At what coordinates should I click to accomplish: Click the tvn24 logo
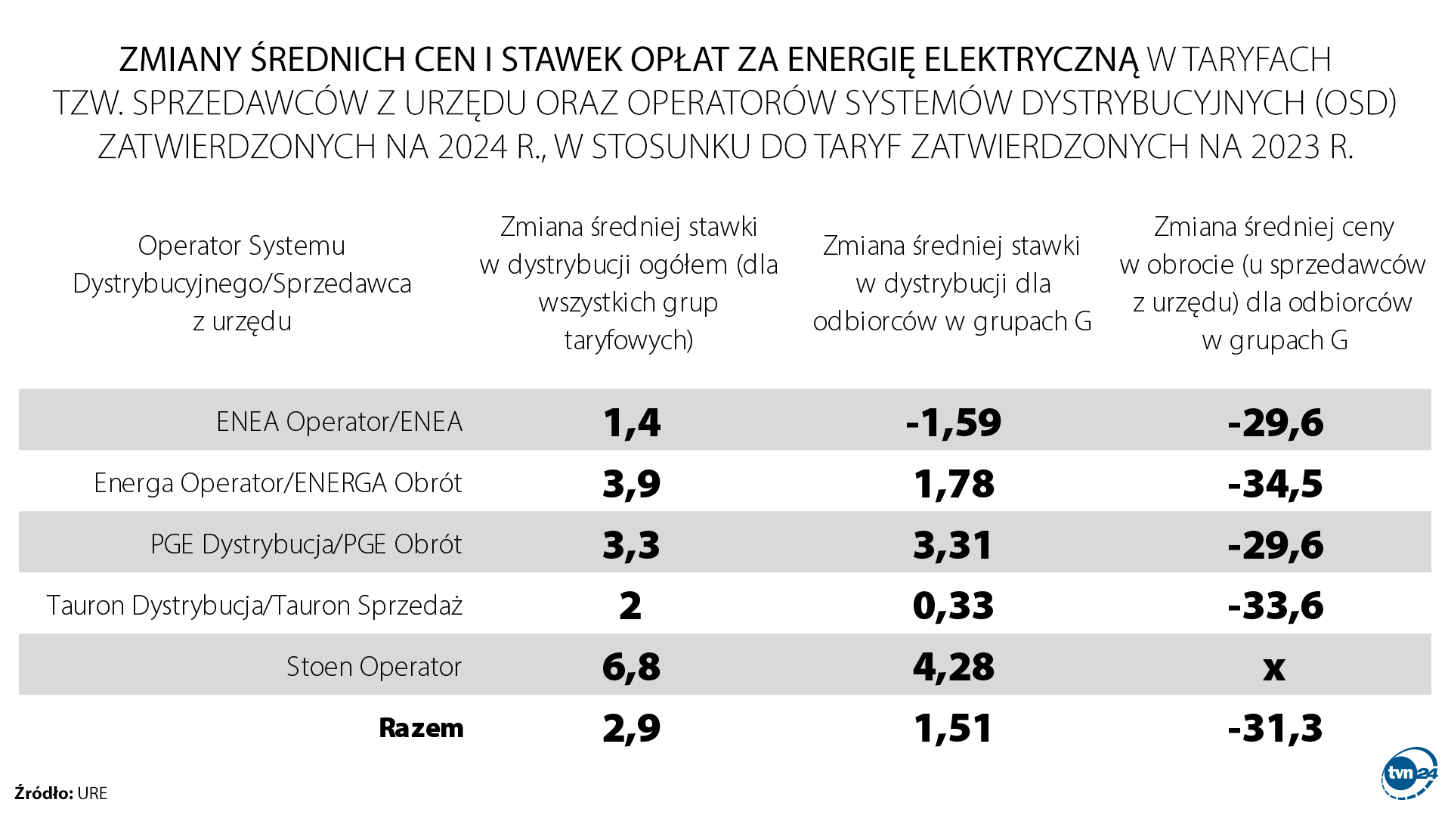(x=1409, y=773)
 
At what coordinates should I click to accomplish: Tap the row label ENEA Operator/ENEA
(x=339, y=422)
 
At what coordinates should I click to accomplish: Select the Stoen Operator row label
(x=373, y=667)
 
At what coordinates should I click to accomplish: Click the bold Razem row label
(x=421, y=728)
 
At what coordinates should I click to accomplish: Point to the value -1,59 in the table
(x=953, y=423)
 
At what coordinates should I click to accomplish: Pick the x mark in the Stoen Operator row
(x=1274, y=668)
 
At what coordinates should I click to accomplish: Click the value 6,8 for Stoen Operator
(x=631, y=667)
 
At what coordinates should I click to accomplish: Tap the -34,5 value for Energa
(x=1275, y=484)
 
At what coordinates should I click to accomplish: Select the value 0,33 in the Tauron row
(x=953, y=606)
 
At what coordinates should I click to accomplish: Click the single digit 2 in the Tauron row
(x=630, y=606)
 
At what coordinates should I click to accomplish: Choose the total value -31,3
(x=1275, y=729)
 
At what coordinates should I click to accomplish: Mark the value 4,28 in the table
(x=953, y=667)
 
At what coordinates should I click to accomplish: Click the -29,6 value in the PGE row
(x=1275, y=545)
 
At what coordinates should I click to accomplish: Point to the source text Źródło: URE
(x=60, y=793)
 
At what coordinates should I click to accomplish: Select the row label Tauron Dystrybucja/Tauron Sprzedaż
(x=254, y=606)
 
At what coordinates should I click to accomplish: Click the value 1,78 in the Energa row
(x=954, y=484)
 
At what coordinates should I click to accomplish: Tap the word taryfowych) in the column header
(x=628, y=340)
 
